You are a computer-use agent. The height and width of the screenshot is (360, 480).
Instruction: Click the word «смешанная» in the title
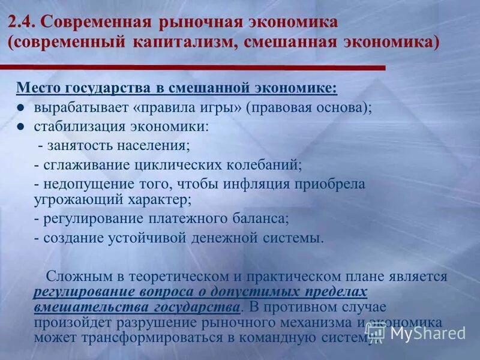coord(299,44)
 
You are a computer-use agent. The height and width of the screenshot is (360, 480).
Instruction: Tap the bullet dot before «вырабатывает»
coord(20,109)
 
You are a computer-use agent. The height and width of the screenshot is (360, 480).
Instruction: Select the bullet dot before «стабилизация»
coord(20,127)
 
